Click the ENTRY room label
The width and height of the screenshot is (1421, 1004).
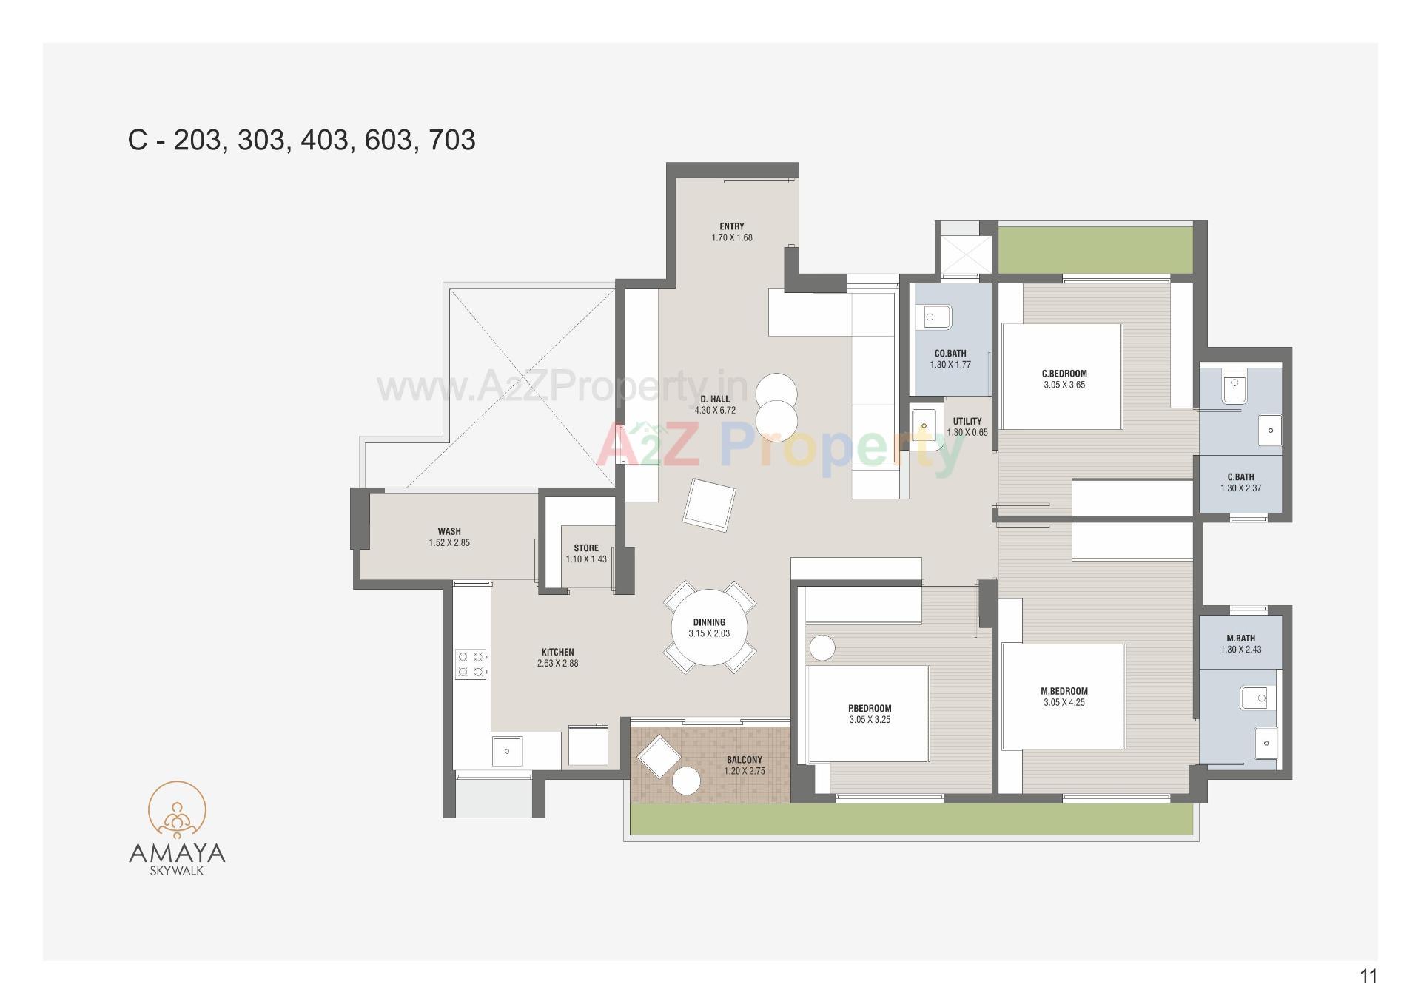coord(731,226)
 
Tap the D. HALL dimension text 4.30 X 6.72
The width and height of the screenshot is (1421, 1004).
coord(714,411)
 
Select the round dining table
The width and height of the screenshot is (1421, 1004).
coord(709,627)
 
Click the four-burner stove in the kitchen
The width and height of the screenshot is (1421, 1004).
coord(471,664)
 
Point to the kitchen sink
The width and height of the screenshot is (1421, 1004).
coord(507,751)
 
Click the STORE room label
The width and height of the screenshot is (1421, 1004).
coord(585,548)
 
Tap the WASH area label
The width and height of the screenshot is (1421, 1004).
coord(449,531)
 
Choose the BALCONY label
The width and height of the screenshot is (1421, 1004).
coord(744,760)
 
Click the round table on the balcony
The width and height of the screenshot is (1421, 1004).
coord(686,781)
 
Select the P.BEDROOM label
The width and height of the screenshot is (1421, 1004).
coord(870,708)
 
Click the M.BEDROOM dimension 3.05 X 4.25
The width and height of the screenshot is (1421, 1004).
coord(1064,703)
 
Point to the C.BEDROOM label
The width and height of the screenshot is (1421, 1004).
coord(1064,374)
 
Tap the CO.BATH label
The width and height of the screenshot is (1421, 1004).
coord(950,354)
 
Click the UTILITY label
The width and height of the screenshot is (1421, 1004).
coord(967,422)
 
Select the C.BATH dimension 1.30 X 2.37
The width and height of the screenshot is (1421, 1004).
coord(1240,488)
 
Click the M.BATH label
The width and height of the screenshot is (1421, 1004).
coord(1240,638)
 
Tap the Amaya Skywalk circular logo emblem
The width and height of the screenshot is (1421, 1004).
coord(177,812)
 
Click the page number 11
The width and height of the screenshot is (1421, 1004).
coord(1368,976)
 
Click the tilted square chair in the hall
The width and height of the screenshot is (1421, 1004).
coord(709,504)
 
